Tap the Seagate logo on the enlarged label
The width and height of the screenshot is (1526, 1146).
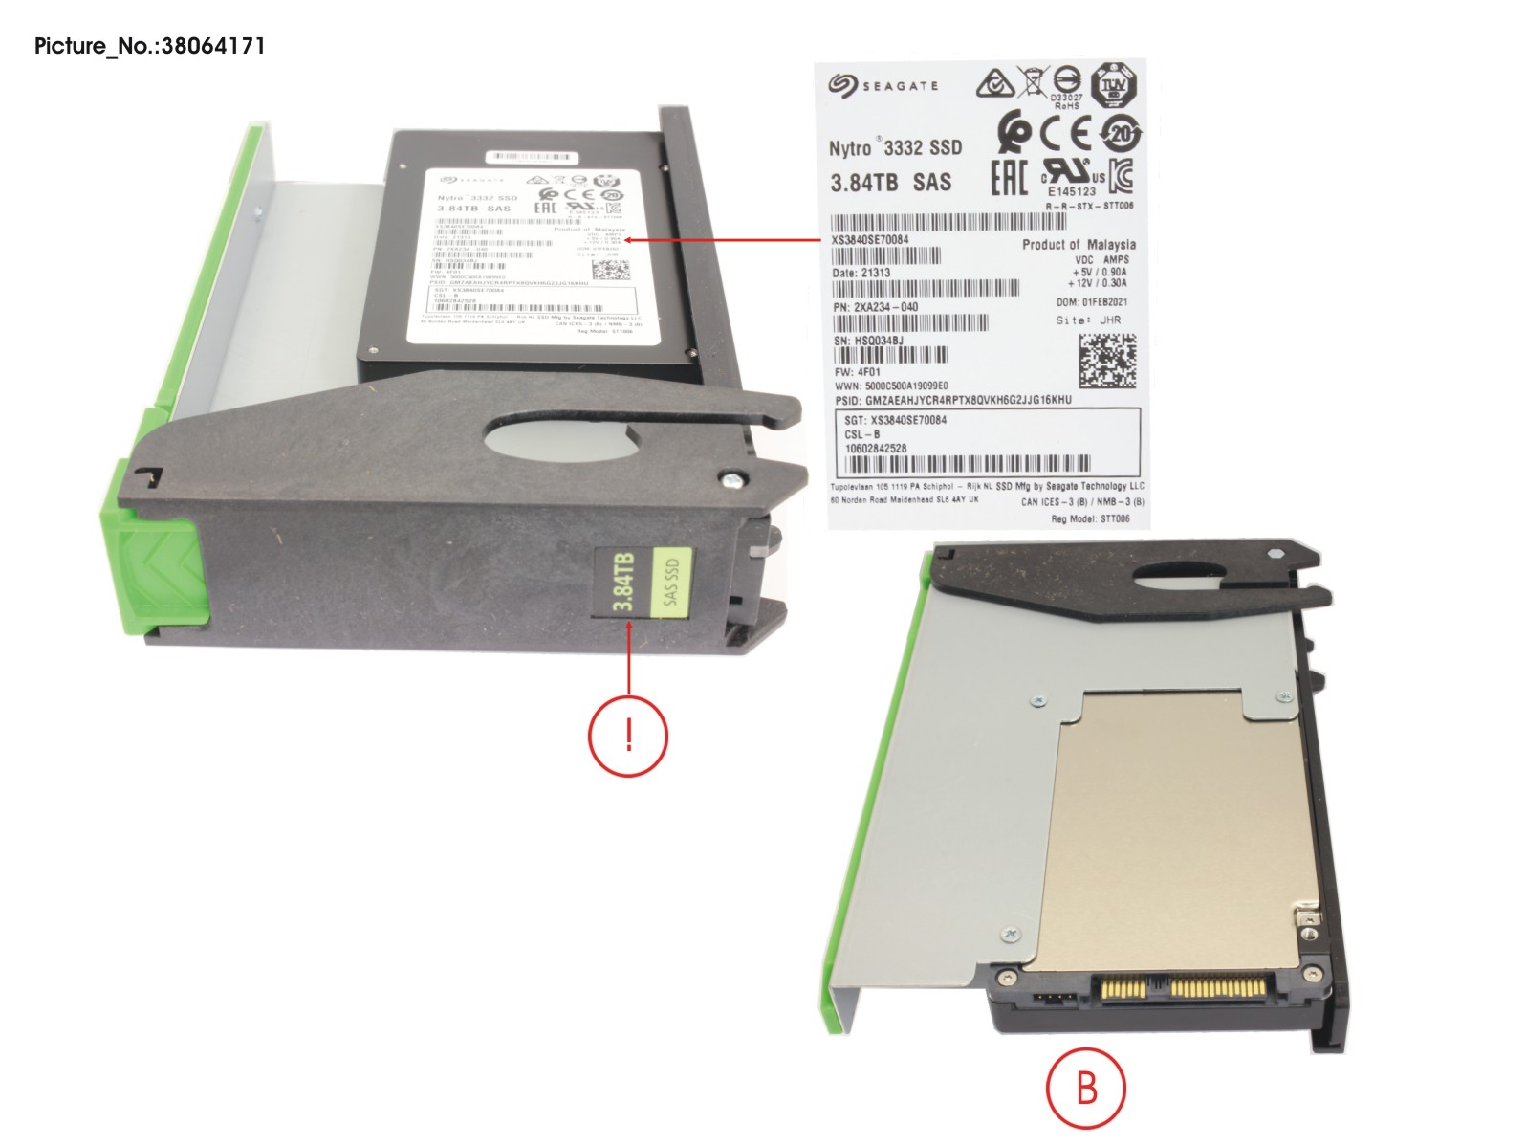[883, 86]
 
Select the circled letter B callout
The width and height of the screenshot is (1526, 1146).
[1085, 1089]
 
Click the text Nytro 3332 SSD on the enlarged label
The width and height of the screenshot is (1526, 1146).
[895, 147]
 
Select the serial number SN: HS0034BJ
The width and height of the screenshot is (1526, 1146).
[868, 340]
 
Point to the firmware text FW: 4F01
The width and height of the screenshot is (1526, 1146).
[858, 372]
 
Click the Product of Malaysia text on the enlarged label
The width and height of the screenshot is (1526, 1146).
[1079, 245]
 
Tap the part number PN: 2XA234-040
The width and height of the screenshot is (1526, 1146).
[876, 307]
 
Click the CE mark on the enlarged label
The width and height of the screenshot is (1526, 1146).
[1064, 132]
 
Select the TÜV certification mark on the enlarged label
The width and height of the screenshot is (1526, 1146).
[1113, 86]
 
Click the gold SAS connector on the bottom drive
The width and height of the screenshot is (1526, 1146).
[1186, 985]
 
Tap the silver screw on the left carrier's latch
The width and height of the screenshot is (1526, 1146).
[731, 479]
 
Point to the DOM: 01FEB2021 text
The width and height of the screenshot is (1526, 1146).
[1092, 302]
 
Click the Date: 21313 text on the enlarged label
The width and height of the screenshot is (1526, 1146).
[861, 273]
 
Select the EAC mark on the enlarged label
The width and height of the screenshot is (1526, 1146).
[1009, 177]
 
